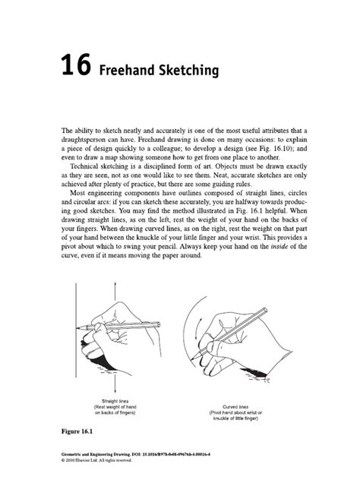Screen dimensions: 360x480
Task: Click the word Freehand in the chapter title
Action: pyautogui.click(x=125, y=71)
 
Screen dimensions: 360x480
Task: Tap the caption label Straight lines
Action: pyautogui.click(x=114, y=400)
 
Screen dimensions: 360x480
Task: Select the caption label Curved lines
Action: pyautogui.click(x=241, y=406)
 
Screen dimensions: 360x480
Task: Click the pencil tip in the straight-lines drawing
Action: pyautogui.click(x=80, y=327)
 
